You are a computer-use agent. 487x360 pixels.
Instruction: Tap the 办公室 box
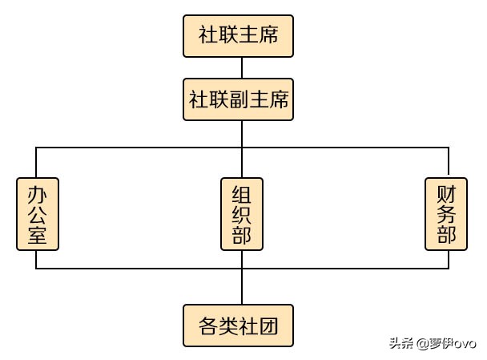click(37, 214)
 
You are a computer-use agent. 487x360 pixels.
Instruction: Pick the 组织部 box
click(242, 214)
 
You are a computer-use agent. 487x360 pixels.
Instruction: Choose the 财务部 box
click(446, 214)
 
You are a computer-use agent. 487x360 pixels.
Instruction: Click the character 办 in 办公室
click(37, 195)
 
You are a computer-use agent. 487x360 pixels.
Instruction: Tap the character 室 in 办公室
click(37, 234)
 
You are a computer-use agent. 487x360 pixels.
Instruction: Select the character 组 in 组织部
click(242, 195)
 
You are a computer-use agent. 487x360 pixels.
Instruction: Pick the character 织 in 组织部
click(242, 215)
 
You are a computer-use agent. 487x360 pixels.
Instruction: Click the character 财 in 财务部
click(446, 195)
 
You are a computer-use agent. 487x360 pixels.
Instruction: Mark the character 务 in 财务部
click(446, 215)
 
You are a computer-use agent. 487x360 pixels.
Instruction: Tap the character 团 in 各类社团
click(277, 327)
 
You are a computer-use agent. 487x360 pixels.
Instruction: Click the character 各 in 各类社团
click(207, 327)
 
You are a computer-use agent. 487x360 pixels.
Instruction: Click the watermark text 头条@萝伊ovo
click(432, 345)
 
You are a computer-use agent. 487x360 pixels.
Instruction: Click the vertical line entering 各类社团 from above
click(242, 287)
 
